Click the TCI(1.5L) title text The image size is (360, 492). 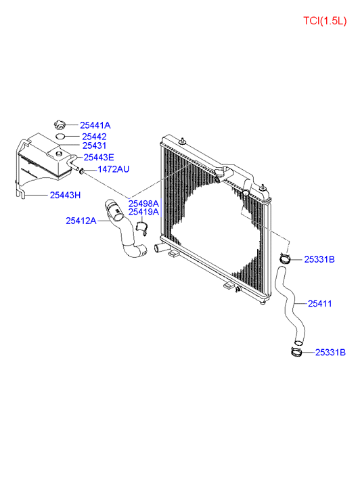(325, 21)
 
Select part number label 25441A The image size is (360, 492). (95, 125)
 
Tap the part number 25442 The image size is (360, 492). (94, 137)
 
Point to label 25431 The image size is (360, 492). (94, 146)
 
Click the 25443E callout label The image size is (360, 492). (99, 158)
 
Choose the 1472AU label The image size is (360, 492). (113, 169)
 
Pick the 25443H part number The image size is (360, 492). (65, 196)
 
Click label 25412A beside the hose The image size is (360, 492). (81, 221)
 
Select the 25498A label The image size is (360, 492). (143, 204)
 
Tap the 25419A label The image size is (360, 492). (143, 212)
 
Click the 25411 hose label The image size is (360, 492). (319, 304)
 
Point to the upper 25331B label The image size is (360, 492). (319, 260)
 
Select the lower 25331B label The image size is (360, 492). (330, 353)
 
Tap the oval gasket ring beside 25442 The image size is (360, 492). (60, 137)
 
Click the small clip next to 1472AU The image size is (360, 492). (82, 171)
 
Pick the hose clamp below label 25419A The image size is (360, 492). (142, 228)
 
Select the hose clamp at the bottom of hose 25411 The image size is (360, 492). (296, 352)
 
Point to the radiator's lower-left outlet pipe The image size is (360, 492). (158, 248)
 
